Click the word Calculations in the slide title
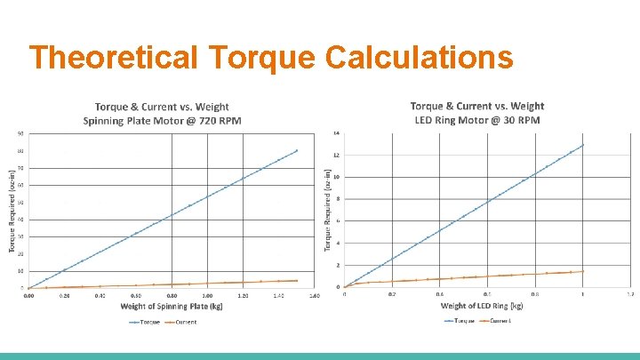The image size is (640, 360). point(419,58)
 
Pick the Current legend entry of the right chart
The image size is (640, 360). point(499,320)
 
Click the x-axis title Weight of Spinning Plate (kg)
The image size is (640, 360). point(165,307)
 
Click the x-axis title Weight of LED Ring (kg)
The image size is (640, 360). point(476,306)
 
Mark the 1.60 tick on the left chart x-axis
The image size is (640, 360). point(314,296)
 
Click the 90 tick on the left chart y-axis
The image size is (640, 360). point(20,133)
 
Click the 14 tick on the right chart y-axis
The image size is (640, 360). point(336,132)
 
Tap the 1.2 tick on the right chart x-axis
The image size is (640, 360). point(629,293)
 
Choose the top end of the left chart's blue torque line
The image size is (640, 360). point(296,150)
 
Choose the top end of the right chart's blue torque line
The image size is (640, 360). point(582,145)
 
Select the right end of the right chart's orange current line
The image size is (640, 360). point(582,271)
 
